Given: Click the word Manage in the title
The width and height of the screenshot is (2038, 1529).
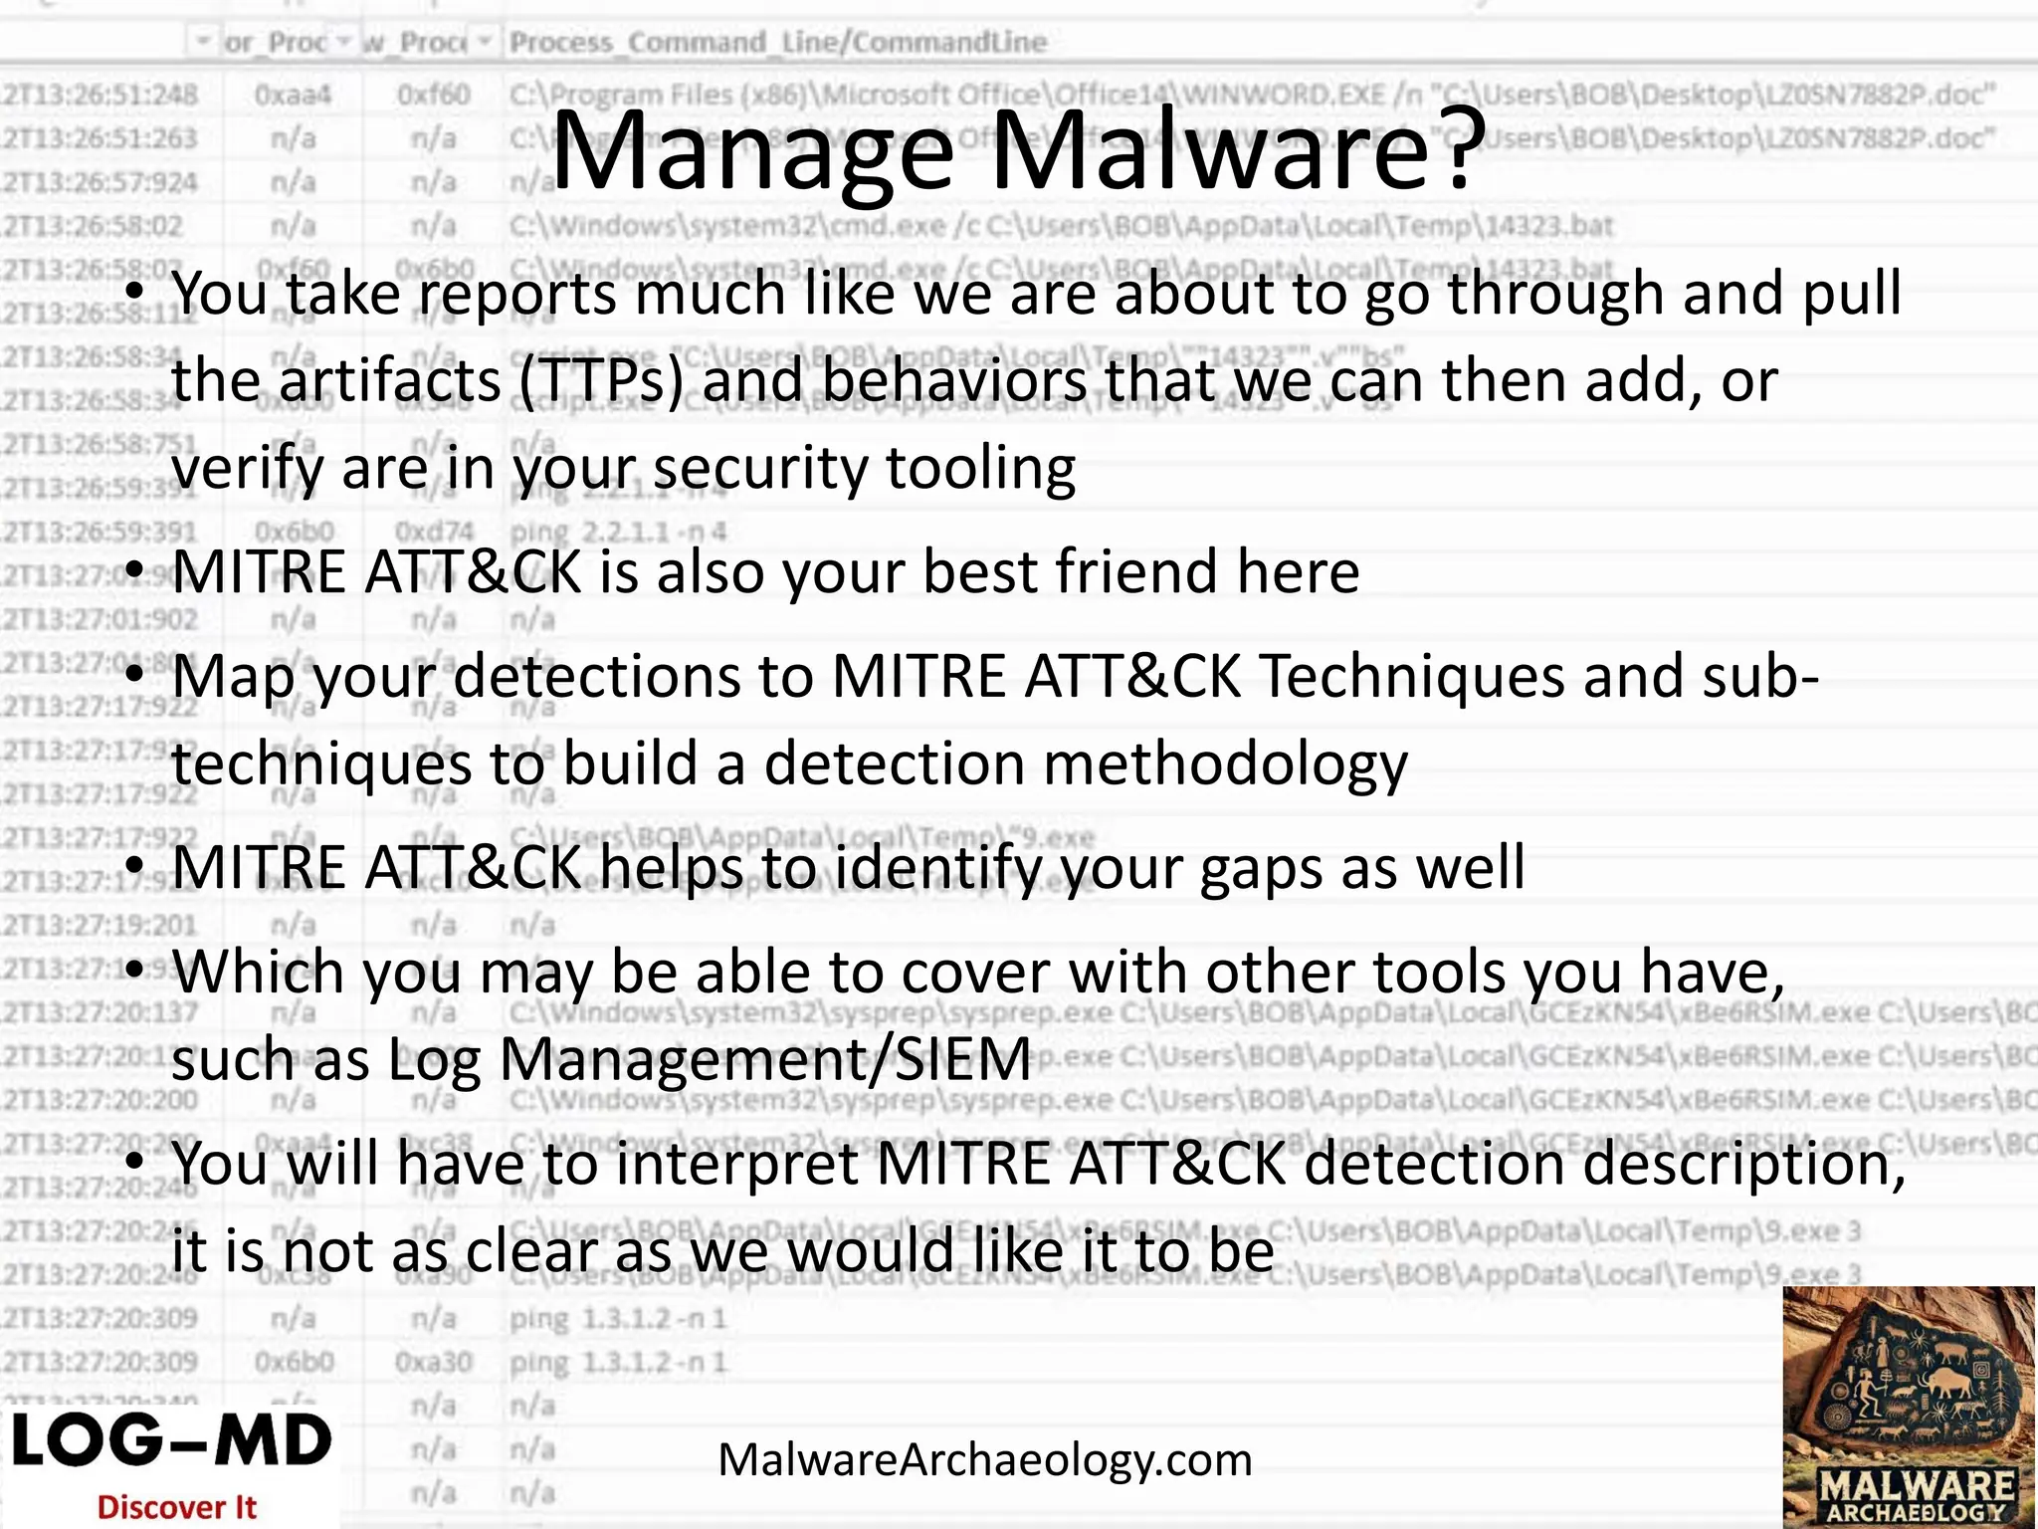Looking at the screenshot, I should pos(750,152).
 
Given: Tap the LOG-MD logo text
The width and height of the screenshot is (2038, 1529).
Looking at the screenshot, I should pos(171,1441).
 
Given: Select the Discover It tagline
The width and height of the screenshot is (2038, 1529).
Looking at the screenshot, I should pos(177,1507).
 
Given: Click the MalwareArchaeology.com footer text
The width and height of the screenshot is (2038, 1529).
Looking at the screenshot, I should pos(984,1460).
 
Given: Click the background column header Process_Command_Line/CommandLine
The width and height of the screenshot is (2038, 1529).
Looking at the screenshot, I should pos(778,42).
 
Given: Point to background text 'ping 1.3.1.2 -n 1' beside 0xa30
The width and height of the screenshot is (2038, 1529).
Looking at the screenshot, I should pos(618,1362).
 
